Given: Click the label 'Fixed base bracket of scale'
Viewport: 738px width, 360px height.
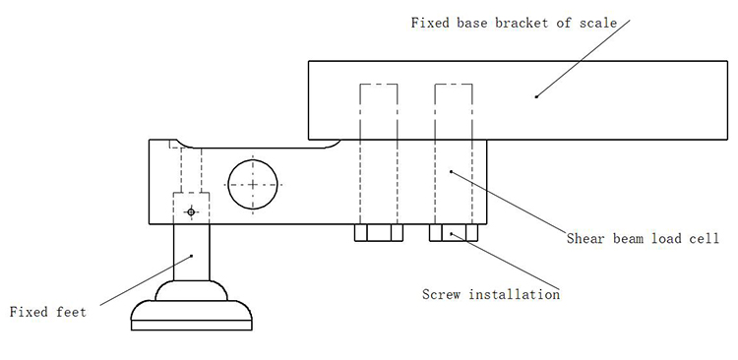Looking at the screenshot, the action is point(514,23).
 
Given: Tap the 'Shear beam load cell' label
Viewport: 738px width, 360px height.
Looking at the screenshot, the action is point(643,238).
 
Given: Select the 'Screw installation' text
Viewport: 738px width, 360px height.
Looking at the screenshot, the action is point(491,294).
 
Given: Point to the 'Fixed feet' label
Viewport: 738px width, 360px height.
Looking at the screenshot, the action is point(48,312).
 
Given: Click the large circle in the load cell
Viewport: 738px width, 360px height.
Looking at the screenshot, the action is point(253,159).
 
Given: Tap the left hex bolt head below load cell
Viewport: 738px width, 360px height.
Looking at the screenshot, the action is point(379,232).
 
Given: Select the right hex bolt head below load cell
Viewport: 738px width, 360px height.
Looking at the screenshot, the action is point(454,232).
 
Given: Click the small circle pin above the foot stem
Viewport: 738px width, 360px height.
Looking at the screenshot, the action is point(191,212).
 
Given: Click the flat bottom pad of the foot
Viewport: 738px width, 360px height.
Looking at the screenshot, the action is point(192,326).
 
